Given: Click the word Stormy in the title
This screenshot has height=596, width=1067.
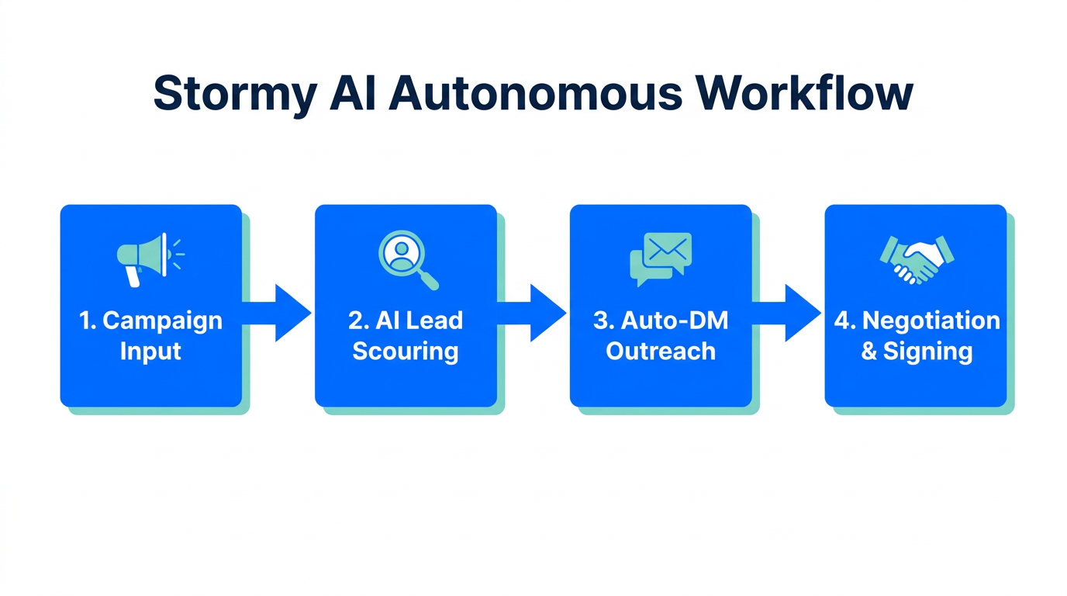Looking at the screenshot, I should [234, 95].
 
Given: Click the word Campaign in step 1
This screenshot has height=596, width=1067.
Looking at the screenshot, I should [162, 321].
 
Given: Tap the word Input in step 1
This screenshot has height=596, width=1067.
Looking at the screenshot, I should [150, 352].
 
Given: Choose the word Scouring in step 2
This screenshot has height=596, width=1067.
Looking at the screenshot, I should [406, 352].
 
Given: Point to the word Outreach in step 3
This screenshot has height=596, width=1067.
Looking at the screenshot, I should [661, 352].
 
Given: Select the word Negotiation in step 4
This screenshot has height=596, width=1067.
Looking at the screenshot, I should [931, 321].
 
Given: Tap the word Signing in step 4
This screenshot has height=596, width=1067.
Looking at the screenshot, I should [927, 352].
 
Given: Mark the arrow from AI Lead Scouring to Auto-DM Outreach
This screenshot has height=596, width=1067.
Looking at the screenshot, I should [535, 313].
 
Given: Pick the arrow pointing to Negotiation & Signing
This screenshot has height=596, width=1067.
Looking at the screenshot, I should [790, 313].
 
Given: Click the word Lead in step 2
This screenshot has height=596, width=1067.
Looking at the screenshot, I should [434, 321].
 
